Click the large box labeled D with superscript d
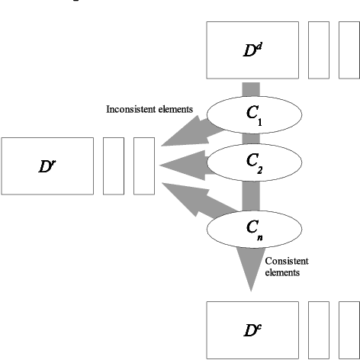252,50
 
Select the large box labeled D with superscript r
47,166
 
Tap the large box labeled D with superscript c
252,329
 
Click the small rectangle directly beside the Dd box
318,50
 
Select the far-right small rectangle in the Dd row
349,50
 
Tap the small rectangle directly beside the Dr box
113,166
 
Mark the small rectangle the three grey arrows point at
143,166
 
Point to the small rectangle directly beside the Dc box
318,329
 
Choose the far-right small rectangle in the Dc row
349,329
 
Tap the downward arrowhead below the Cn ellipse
251,271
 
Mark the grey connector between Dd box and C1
251,88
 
